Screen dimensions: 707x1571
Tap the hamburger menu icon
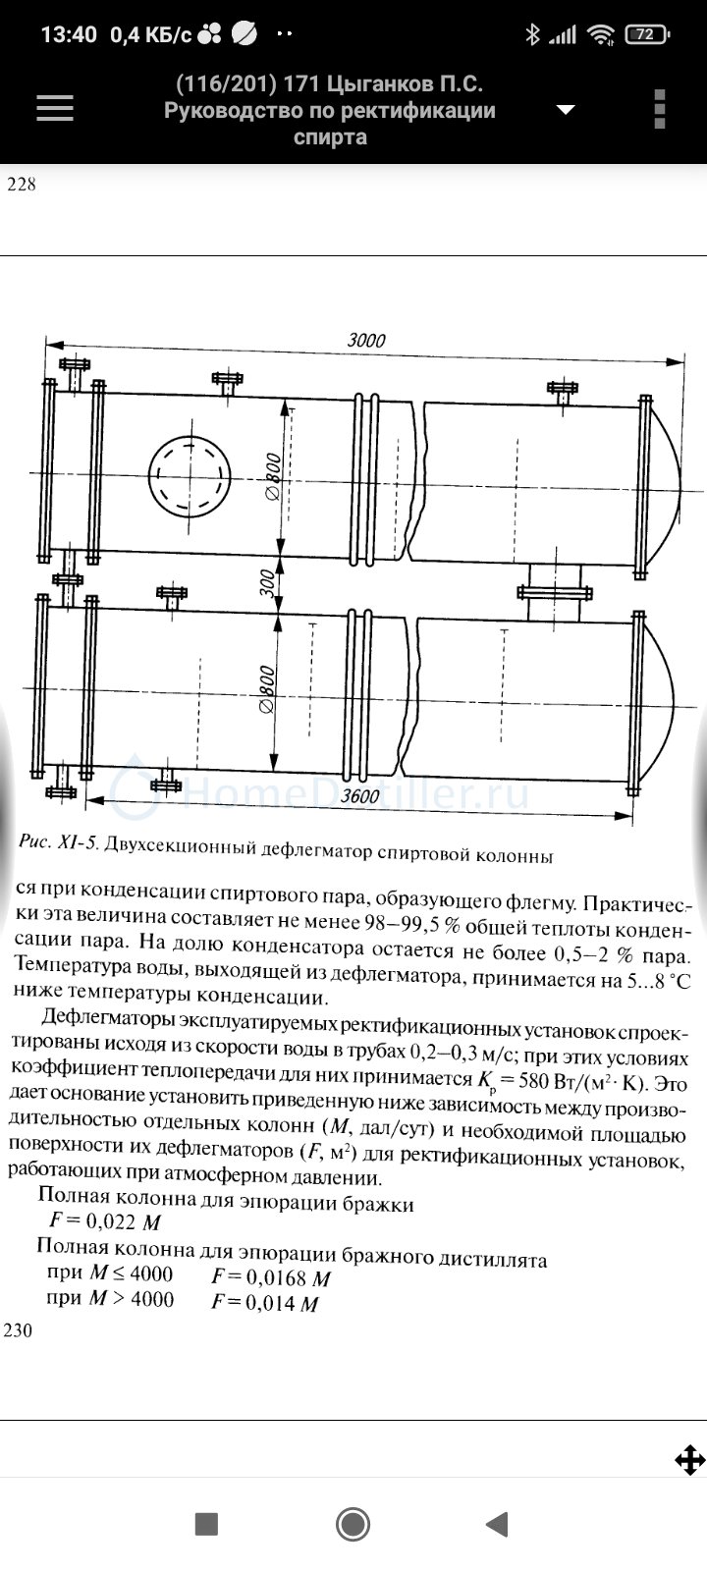55,109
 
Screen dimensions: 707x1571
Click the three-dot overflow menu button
659,109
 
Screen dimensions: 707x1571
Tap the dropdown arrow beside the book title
566,109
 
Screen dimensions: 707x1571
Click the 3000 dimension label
366,340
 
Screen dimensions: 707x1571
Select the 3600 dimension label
359,796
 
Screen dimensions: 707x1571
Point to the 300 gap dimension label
267,583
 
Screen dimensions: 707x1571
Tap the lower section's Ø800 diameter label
267,690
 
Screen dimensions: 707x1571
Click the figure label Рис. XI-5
58,842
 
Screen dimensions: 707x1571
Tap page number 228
21,184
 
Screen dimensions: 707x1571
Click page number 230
18,1330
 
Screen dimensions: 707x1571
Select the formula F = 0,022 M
105,1221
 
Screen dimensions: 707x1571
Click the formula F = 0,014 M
265,1302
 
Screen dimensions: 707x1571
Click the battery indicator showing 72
647,33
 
